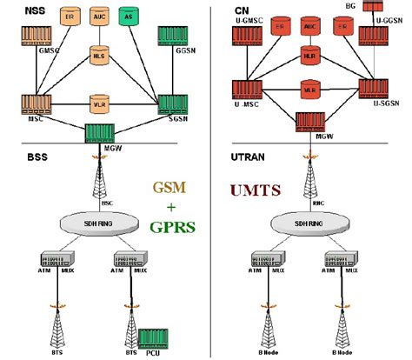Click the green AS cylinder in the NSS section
click(x=129, y=17)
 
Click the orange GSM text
click(x=162, y=187)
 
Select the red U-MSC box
click(x=247, y=89)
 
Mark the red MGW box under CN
click(x=309, y=122)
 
